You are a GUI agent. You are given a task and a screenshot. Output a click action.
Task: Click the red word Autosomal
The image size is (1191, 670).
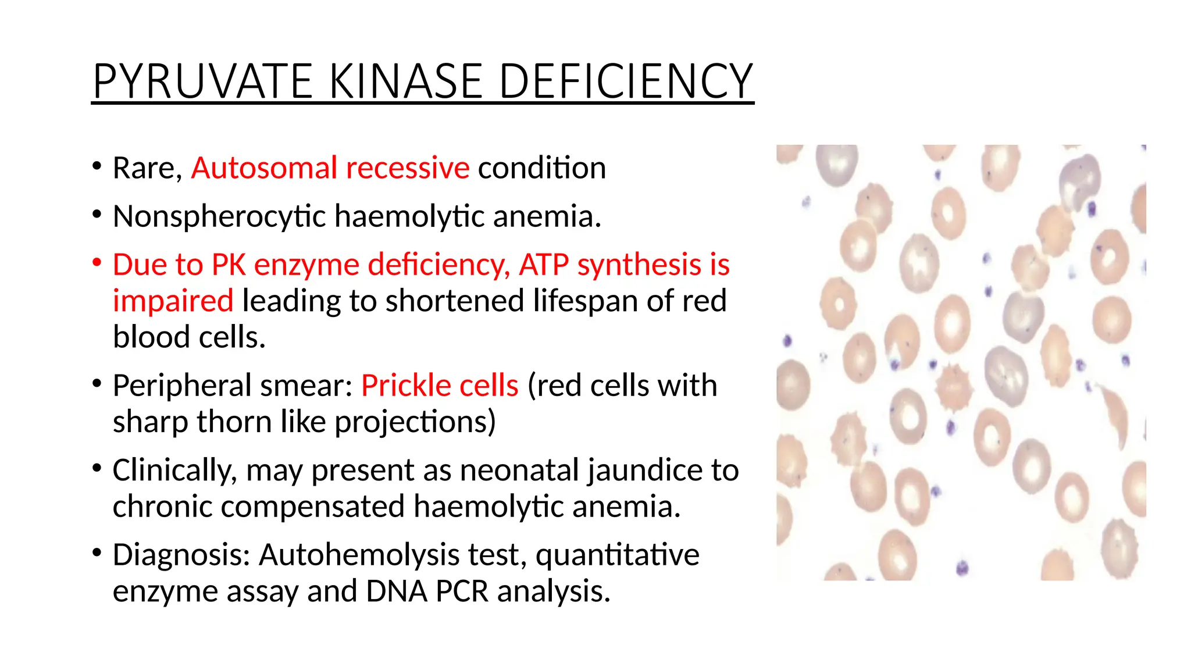264,168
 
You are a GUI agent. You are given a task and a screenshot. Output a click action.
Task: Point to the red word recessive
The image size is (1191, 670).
407,168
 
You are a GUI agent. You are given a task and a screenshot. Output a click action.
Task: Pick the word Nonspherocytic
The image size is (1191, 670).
219,216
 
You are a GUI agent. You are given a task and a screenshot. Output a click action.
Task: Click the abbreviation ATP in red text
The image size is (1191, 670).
543,265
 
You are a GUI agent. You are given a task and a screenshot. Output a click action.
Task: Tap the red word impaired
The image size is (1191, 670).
173,301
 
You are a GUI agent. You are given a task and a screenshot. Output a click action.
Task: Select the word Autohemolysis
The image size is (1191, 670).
359,555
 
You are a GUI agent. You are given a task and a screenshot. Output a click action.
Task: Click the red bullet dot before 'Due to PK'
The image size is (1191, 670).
97,262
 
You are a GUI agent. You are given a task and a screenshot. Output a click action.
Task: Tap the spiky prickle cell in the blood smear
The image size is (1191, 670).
953,387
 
